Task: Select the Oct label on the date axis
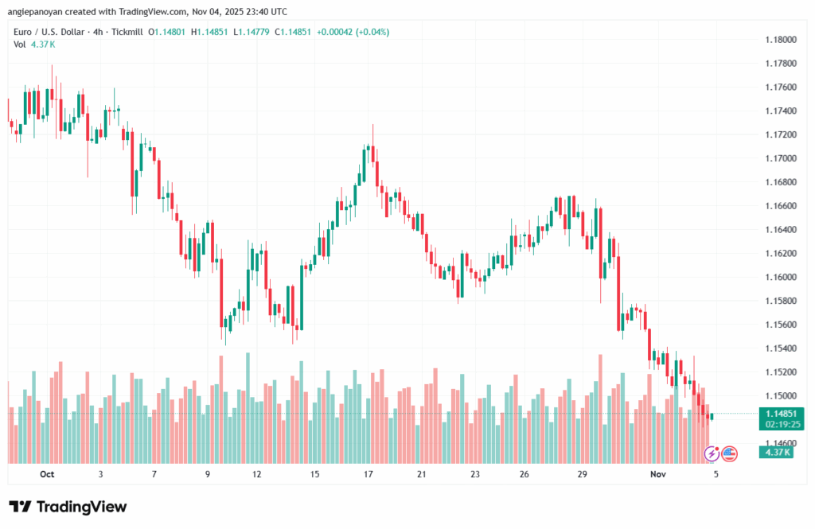tap(46, 474)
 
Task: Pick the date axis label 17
tap(369, 474)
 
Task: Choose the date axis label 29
tap(583, 474)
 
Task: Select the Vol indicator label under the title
tap(20, 45)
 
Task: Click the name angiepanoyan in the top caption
tap(39, 11)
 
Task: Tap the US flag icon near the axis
tap(729, 454)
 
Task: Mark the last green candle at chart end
tap(712, 417)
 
